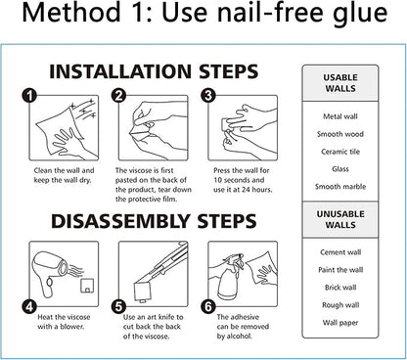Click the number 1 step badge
29,96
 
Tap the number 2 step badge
118,96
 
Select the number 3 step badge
208,96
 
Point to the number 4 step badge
29,306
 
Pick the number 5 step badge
118,306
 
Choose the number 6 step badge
208,306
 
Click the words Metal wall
340,116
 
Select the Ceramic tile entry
340,152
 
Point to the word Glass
340,169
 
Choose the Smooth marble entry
340,187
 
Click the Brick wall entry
340,288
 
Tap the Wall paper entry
340,323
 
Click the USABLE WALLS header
340,83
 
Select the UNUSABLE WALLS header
340,219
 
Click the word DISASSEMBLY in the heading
120,221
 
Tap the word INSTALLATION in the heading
120,71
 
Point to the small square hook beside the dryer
87,285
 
